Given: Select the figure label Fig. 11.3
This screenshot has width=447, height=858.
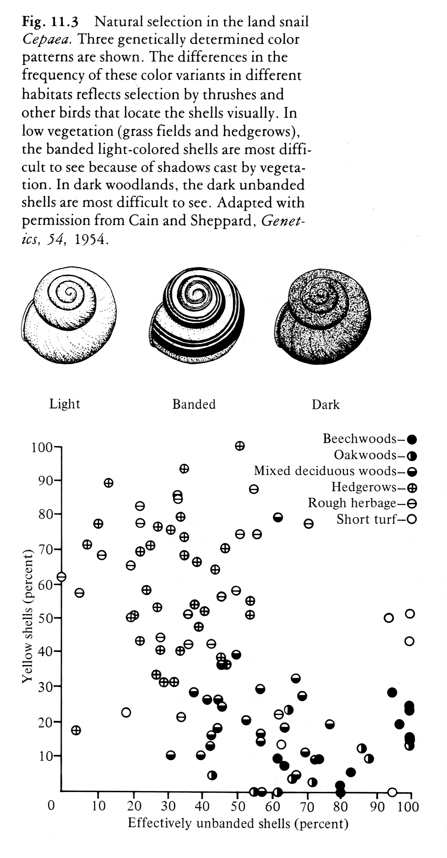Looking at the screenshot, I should tap(50, 22).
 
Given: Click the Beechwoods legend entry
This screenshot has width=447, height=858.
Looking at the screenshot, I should tap(369, 439).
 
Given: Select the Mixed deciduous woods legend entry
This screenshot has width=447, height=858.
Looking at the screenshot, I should tap(335, 471).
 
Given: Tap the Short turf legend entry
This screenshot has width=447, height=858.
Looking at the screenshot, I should tap(376, 519).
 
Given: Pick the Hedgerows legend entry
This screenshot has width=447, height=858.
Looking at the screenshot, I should tap(374, 487).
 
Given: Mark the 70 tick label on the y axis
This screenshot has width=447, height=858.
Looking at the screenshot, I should tap(46, 549).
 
